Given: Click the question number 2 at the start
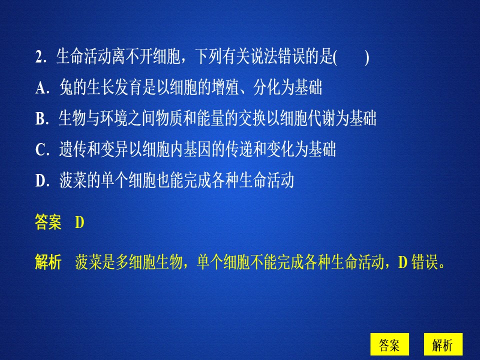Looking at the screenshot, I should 38,58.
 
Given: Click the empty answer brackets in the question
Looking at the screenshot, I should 351,58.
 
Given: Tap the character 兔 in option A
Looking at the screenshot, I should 65,88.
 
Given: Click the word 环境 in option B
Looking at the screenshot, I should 117,119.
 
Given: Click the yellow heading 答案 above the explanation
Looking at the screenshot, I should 48,223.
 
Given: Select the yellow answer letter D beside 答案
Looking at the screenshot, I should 79,223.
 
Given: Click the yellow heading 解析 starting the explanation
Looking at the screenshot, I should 48,262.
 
